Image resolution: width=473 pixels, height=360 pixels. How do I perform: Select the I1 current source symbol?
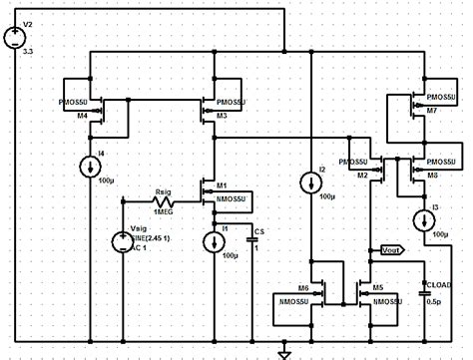214,240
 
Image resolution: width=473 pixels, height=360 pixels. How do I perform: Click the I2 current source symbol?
309,181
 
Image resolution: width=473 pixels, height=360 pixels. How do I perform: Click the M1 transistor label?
223,185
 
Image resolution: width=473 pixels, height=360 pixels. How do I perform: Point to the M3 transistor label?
222,117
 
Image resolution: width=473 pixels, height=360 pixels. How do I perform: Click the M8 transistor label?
432,175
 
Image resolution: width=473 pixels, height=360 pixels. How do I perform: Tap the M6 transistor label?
303,288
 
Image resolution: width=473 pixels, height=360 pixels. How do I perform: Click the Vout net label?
385,250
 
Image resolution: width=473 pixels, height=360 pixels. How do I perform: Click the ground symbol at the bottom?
283,352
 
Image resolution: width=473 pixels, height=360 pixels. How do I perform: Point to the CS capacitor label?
257,231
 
